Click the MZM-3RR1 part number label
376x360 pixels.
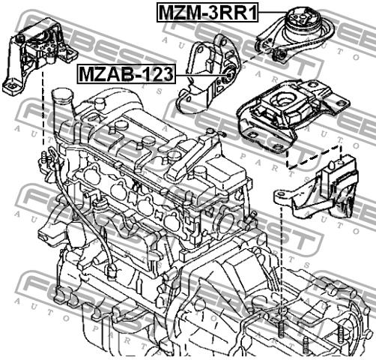207,12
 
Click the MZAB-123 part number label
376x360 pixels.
127,74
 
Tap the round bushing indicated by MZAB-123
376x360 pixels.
228,74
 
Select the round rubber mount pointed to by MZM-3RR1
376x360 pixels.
301,19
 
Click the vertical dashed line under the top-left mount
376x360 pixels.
43,107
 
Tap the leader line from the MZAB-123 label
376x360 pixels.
199,74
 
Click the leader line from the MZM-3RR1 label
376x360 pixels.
272,12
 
